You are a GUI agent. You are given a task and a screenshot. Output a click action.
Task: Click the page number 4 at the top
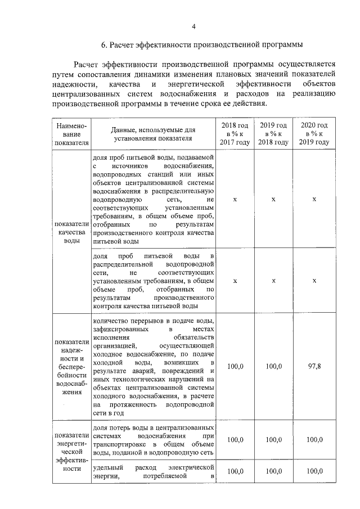(x=193, y=26)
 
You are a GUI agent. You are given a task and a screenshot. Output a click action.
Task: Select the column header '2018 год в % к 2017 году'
(x=235, y=134)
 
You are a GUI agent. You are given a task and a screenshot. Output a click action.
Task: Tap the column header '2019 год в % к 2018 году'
(x=273, y=134)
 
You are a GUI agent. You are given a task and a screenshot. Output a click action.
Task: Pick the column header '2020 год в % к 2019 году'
(x=314, y=134)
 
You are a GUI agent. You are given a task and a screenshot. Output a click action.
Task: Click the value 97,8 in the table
(x=314, y=366)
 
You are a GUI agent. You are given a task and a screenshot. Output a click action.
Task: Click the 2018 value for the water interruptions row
(x=235, y=366)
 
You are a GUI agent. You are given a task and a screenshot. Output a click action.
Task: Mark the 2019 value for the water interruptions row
(x=273, y=366)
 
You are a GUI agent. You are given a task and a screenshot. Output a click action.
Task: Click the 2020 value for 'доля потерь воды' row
(x=314, y=440)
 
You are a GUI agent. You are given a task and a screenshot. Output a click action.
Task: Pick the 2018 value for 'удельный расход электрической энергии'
(x=235, y=471)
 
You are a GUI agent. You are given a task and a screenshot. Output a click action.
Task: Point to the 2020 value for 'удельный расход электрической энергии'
(x=314, y=471)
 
